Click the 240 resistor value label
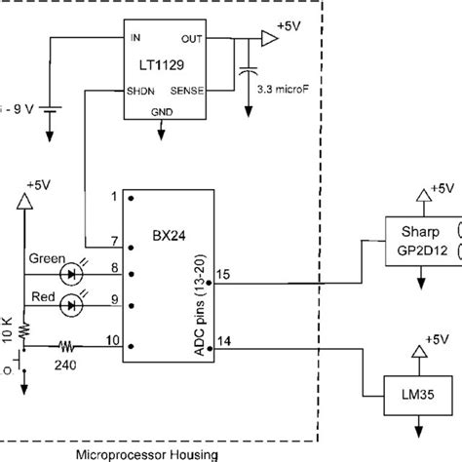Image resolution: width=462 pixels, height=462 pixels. click(x=65, y=364)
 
